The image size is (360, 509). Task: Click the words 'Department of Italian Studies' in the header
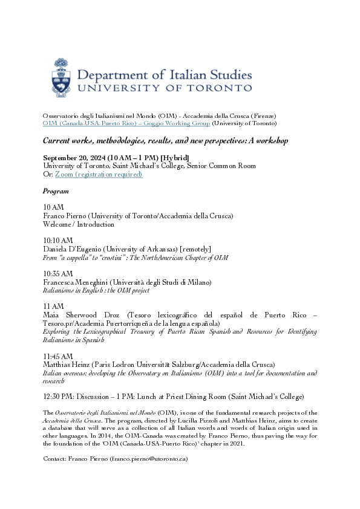pos(165,75)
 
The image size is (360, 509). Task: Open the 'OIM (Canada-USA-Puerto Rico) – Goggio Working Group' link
pos(126,123)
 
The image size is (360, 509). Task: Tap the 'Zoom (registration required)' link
pos(99,174)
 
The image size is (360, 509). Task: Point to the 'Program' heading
pos(56,191)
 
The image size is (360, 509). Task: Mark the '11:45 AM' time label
pos(57,356)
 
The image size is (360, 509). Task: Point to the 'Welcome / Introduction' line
pos(79,224)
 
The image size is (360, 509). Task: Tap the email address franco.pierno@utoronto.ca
pos(149,459)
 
